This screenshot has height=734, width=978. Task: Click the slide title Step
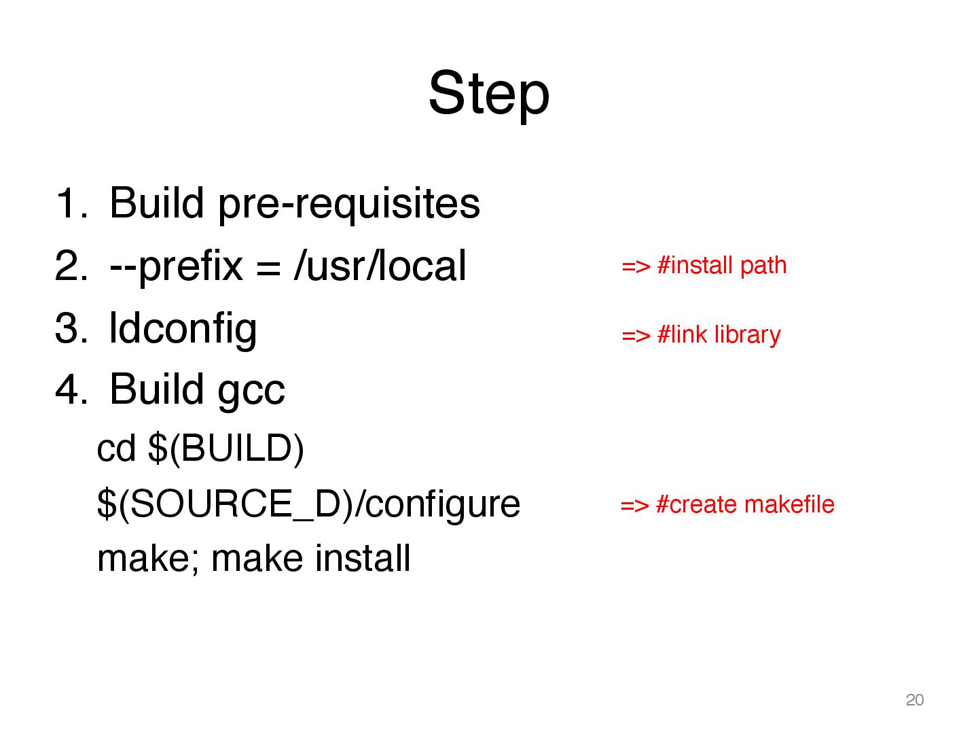488,94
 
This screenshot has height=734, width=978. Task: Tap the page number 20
914,700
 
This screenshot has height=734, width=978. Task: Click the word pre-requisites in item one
348,204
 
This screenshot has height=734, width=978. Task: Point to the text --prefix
175,266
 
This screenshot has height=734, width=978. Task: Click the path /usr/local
380,266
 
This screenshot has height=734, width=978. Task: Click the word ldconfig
183,329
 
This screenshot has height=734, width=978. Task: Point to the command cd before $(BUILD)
116,449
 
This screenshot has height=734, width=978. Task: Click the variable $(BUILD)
225,449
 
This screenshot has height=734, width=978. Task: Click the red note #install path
721,266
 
